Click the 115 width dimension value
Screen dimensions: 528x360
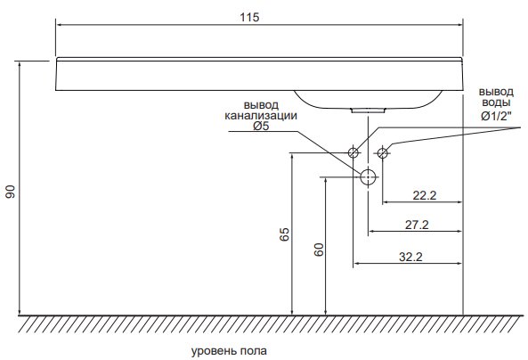point(249,17)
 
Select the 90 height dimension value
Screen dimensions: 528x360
point(11,192)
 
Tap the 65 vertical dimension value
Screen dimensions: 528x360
point(284,234)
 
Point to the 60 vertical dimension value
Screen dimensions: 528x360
point(319,250)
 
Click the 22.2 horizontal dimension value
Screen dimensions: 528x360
point(425,195)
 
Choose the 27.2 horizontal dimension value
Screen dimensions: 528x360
point(417,225)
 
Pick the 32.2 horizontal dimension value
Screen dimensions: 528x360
point(410,257)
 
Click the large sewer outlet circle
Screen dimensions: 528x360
point(368,176)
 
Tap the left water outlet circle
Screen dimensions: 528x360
point(353,152)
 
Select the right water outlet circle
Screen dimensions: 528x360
point(382,152)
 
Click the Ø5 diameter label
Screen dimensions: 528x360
point(261,127)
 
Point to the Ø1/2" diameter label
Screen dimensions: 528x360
point(496,117)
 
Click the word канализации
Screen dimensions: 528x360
point(261,116)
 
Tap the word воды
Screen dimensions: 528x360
point(496,102)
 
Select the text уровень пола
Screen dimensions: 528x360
point(229,351)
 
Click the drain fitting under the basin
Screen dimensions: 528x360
point(368,110)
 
